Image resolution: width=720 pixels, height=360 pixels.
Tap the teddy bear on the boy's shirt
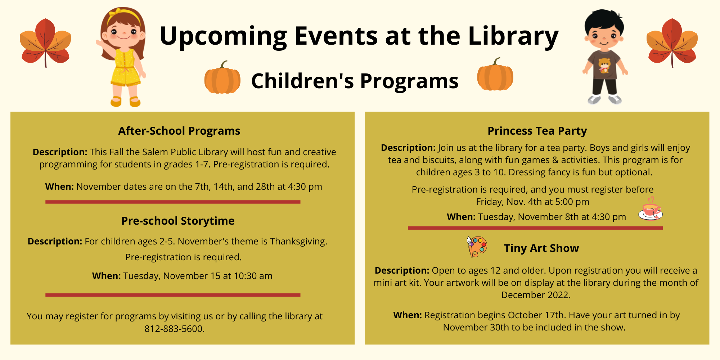[x=604, y=66]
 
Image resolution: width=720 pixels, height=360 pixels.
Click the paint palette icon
[x=477, y=247]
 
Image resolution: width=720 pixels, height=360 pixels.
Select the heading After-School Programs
[x=179, y=131]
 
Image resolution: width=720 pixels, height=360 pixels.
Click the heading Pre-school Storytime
[x=178, y=221]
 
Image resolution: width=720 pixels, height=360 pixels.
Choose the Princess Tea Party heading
[x=537, y=131]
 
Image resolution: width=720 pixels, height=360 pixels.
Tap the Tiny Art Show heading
[x=541, y=248]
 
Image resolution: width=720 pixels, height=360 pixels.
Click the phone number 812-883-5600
[x=175, y=329]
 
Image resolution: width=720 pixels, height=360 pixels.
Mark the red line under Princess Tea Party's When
[x=535, y=228]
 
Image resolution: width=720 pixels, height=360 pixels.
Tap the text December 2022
[x=536, y=295]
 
